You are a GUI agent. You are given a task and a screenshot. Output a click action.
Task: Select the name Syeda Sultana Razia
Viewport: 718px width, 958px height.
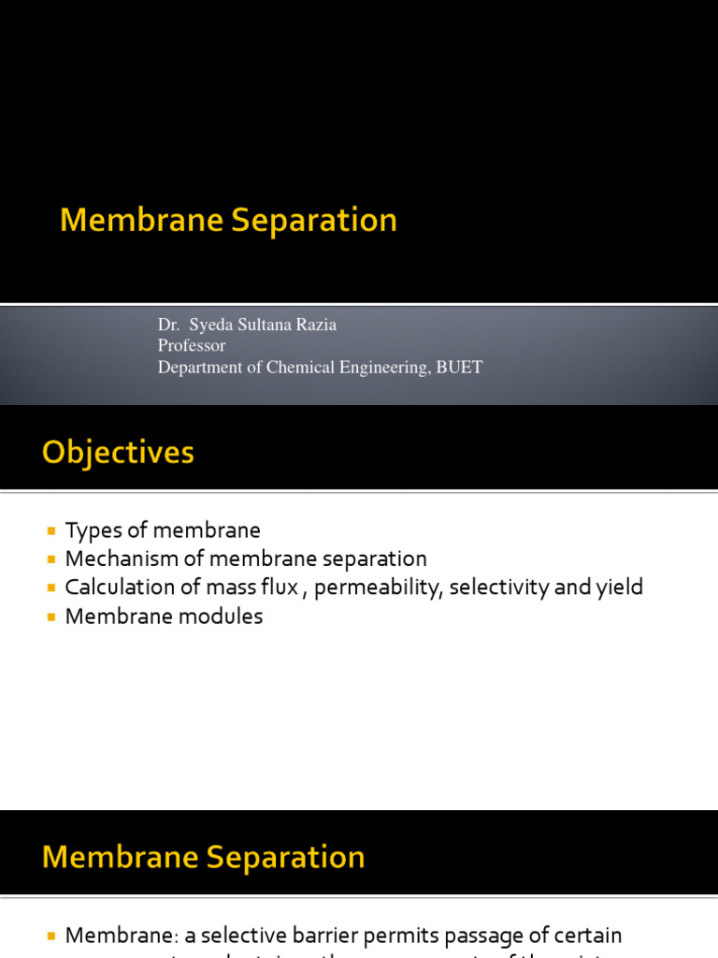tap(265, 325)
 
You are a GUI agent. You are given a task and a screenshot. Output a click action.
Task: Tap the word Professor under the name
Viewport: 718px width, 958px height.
tap(192, 345)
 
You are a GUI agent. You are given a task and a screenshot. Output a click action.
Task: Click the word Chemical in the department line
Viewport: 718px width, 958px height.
tap(297, 367)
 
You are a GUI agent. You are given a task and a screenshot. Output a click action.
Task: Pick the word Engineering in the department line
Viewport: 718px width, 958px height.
tap(381, 367)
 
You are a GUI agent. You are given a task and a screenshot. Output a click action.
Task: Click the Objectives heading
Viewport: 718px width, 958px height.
tap(118, 454)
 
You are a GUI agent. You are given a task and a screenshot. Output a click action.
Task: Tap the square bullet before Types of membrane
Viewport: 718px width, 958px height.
tap(51, 530)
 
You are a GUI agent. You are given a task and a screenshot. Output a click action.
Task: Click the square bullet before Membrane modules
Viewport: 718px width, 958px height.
tap(51, 617)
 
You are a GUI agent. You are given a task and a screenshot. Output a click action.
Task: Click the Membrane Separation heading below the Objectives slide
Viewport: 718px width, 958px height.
tap(204, 858)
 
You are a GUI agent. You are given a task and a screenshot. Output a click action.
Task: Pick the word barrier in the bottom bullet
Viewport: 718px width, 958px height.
tap(335, 936)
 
